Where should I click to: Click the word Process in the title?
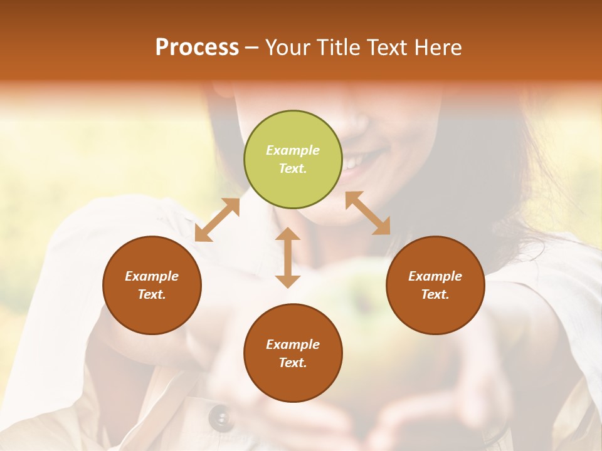point(197,48)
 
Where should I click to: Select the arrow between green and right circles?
point(368,213)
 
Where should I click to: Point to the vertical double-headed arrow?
point(288,257)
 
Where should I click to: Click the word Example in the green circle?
point(293,150)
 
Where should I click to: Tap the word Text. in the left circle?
point(152,294)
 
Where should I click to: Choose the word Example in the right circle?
point(435,276)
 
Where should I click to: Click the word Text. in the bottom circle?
point(293,363)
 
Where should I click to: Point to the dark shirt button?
point(220,416)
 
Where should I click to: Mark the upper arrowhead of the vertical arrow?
point(288,234)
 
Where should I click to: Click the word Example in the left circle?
point(152,276)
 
